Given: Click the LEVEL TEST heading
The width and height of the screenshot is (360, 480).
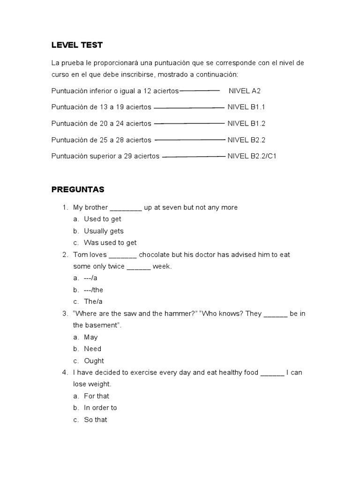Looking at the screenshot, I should (x=76, y=45).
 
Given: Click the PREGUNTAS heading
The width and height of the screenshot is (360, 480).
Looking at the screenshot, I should (x=78, y=190).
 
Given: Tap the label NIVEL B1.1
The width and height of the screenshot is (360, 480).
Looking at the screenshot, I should (x=246, y=107).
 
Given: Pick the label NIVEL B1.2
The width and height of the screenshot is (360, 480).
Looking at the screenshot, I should (x=246, y=123).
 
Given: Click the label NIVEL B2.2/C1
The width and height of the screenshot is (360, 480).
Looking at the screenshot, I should (x=252, y=156).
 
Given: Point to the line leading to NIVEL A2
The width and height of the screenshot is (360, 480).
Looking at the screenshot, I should (x=199, y=90).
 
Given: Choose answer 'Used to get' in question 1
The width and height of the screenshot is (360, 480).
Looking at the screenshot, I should (x=102, y=219).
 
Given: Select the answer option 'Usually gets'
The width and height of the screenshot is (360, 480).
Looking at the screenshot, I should (x=104, y=231).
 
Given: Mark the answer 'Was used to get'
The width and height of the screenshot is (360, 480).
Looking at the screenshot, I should (x=110, y=242).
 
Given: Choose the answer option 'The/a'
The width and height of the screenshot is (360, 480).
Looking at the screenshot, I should (x=93, y=301).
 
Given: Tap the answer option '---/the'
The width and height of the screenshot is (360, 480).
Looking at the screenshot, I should (x=93, y=290).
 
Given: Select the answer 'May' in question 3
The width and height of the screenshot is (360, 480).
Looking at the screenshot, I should (x=90, y=337).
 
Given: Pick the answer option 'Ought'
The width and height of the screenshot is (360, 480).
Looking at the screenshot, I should (x=94, y=360).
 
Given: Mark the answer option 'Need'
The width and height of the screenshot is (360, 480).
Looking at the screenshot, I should (x=92, y=349).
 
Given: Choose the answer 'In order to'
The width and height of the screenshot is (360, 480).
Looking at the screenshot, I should (x=100, y=408).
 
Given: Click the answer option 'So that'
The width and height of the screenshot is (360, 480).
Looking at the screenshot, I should (x=95, y=420).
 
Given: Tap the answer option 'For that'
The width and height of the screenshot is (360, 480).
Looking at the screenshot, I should (x=96, y=396).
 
